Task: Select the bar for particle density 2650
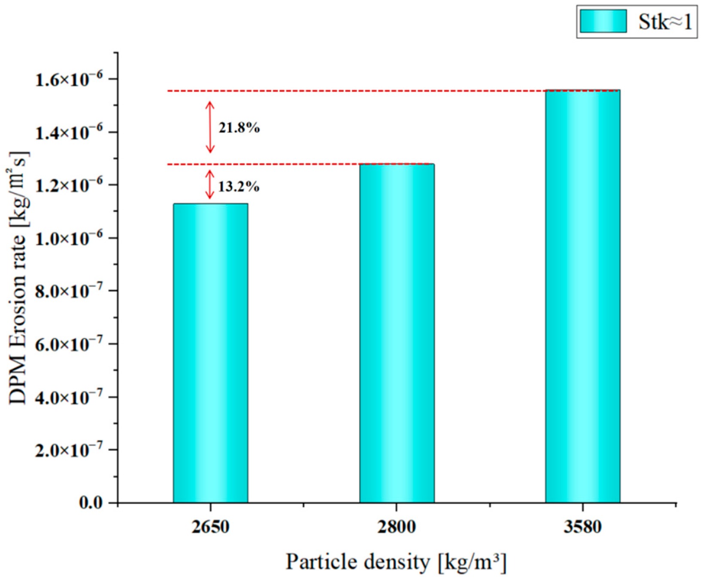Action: click(210, 352)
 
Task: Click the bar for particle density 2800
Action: click(397, 333)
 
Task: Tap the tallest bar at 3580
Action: click(582, 296)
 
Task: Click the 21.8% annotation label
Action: click(239, 128)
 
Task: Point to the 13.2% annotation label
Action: click(239, 186)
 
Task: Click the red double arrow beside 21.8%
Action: click(210, 127)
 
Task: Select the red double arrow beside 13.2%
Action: click(210, 184)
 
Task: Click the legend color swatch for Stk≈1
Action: click(603, 21)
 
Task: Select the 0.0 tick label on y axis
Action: click(91, 502)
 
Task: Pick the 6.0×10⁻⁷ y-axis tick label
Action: click(69, 344)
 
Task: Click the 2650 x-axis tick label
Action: click(210, 526)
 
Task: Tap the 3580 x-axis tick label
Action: click(582, 526)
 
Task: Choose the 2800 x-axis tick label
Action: click(397, 526)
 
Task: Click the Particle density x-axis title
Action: click(396, 562)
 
